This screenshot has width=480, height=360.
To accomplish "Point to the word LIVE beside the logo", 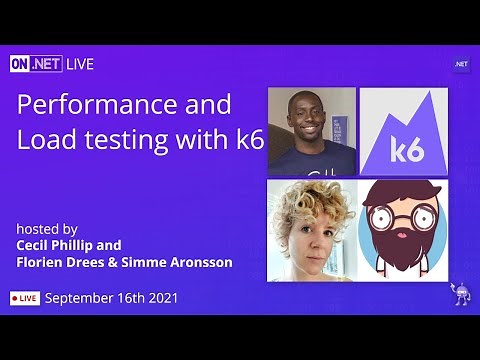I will (x=81, y=64).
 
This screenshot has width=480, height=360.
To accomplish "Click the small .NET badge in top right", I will (x=461, y=64).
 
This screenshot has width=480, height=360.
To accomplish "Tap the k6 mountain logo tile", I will (x=403, y=132).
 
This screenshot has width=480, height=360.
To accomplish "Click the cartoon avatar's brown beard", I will (x=403, y=250).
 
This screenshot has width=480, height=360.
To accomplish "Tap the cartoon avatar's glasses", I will (x=403, y=217).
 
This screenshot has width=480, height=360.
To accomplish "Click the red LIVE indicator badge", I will (x=25, y=298).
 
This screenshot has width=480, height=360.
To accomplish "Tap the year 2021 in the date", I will (x=160, y=298).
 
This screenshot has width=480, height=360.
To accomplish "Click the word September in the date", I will (x=79, y=298).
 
